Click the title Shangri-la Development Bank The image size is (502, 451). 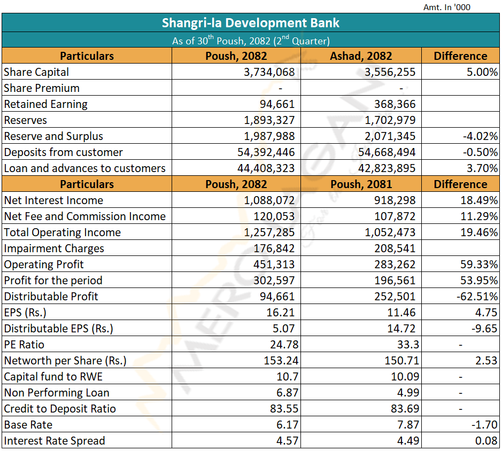(250, 24)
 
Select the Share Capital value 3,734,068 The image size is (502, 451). (269, 72)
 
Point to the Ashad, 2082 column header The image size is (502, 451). (361, 56)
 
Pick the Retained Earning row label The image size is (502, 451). (45, 104)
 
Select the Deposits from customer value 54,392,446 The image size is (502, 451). (266, 152)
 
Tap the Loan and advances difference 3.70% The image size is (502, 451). (482, 168)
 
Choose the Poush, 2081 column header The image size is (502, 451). (361, 184)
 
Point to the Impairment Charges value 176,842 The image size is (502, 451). (274, 248)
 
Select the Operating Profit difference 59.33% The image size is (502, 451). (479, 265)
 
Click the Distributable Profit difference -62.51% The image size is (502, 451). (477, 297)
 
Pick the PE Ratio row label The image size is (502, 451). (24, 345)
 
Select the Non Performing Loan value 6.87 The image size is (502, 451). (284, 393)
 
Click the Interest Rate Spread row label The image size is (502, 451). (55, 441)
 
